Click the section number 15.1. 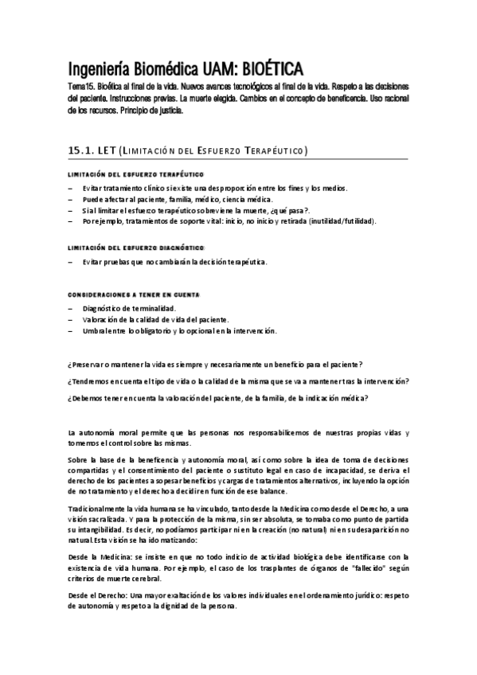pos(84,151)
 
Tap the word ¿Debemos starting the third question pos(88,399)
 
